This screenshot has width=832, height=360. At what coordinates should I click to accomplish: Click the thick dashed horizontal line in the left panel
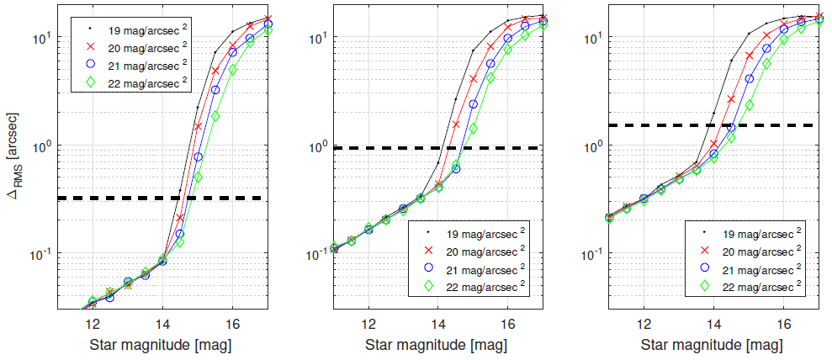(168, 199)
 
